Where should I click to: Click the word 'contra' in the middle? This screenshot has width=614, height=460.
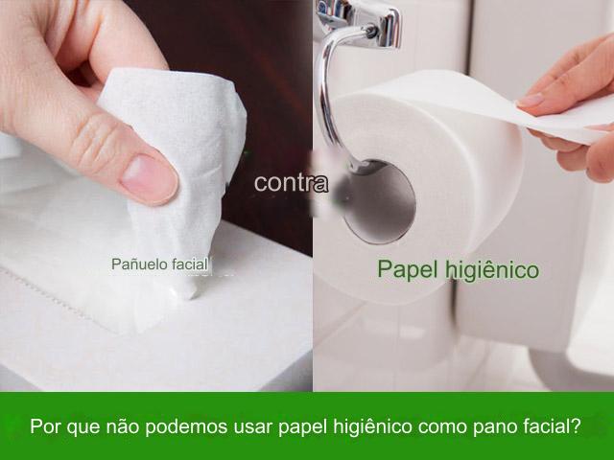tap(291, 182)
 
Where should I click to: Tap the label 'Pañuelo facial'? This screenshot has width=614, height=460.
tap(159, 263)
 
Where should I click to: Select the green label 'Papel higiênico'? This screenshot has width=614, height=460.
tap(458, 269)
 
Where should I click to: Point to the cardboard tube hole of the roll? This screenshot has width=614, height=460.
tap(379, 202)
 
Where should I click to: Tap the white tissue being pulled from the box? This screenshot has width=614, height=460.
tap(177, 153)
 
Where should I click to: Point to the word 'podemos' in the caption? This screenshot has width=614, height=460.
tap(193, 425)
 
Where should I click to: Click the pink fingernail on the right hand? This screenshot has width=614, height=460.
tap(530, 99)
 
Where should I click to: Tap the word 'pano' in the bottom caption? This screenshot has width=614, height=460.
tap(491, 425)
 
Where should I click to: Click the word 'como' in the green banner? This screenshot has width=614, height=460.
tap(440, 425)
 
